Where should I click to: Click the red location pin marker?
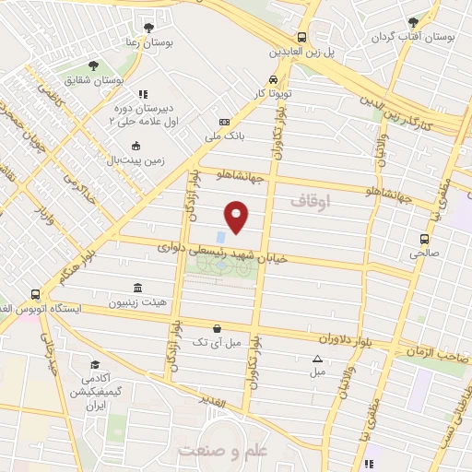click(x=237, y=216)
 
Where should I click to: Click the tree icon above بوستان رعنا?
click(x=147, y=27)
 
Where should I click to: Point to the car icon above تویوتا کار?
click(x=273, y=79)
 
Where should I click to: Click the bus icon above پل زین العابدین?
click(x=301, y=38)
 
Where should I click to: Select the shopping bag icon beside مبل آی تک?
click(x=217, y=327)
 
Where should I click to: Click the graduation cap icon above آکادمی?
click(x=94, y=364)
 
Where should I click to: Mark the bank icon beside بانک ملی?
click(x=224, y=123)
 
